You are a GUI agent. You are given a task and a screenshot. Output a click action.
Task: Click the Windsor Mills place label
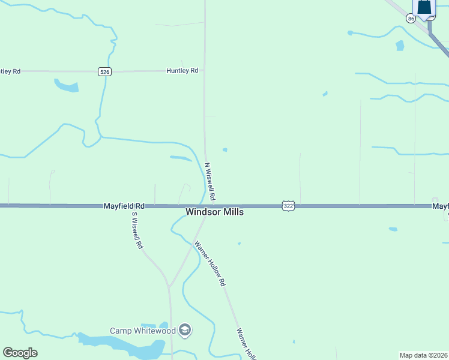point(214,212)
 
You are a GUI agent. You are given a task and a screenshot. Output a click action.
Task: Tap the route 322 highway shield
point(288,206)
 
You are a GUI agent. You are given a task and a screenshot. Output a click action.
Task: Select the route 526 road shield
point(104,71)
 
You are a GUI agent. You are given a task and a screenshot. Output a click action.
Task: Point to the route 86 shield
point(411,19)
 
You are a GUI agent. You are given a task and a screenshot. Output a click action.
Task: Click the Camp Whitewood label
point(142,331)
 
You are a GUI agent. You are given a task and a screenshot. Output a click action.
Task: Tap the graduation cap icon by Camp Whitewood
point(185,330)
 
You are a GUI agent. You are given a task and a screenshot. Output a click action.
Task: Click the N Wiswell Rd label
point(210,181)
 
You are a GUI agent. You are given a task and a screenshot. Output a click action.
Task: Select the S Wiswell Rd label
point(137,230)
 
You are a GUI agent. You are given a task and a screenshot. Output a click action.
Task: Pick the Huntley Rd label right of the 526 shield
point(182,71)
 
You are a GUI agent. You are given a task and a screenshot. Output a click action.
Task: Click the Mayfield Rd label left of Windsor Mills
point(124,206)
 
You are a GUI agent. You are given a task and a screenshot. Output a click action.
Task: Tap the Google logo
point(20,353)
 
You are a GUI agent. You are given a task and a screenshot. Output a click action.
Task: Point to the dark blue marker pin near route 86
point(424,8)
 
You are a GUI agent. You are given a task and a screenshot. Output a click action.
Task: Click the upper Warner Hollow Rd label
point(209,263)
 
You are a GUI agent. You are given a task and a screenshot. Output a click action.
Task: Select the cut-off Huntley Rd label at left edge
point(10,71)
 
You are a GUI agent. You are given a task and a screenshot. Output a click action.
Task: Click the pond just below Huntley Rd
point(66,86)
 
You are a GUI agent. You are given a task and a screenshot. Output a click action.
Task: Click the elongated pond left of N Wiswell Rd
point(181,158)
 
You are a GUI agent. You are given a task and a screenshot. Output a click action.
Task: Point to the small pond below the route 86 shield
point(400,46)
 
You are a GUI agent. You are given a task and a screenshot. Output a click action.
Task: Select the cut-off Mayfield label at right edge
point(441,206)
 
